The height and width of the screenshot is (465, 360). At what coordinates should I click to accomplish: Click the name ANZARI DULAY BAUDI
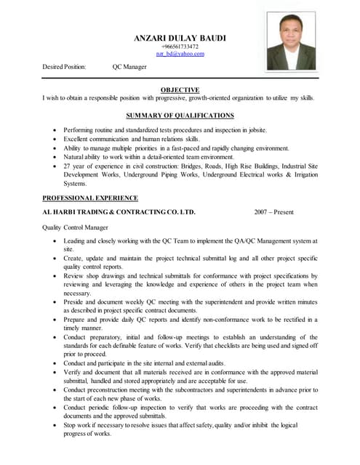point(180,37)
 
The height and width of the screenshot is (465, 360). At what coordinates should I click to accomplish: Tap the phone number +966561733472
point(180,46)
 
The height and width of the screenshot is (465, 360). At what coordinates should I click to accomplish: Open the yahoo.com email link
point(180,54)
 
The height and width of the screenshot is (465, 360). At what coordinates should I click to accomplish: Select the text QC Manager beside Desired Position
point(129,67)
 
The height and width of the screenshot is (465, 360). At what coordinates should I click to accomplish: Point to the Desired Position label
point(64,67)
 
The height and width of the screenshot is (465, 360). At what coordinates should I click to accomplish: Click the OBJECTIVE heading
point(180,90)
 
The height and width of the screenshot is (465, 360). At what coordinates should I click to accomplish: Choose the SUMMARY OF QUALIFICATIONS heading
point(180,116)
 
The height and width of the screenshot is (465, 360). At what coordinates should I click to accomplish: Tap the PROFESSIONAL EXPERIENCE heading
point(90,198)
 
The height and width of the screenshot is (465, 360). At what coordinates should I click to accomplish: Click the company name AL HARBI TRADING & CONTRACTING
point(119,212)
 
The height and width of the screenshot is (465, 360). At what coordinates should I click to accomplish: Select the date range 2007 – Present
point(273,212)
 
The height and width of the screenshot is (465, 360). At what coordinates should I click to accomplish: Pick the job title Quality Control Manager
point(76,227)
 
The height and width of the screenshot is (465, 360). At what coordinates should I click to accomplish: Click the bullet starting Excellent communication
point(131,139)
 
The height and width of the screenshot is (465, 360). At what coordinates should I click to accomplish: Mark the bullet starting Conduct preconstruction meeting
point(190,394)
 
